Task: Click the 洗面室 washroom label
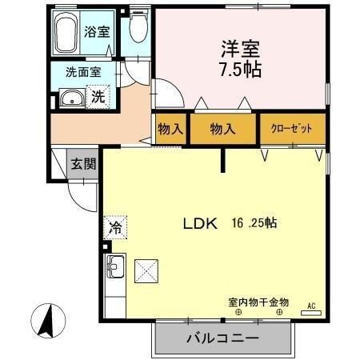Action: tap(82, 71)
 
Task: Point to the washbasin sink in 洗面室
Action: tap(70, 99)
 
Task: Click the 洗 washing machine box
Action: tap(97, 98)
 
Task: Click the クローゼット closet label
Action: tap(293, 128)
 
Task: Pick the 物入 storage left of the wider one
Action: tap(170, 128)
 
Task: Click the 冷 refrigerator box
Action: tap(114, 226)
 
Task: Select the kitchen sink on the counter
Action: tap(114, 265)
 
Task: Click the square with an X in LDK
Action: tap(148, 270)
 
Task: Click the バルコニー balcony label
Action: tap(222, 338)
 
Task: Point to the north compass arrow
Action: tap(48, 321)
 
